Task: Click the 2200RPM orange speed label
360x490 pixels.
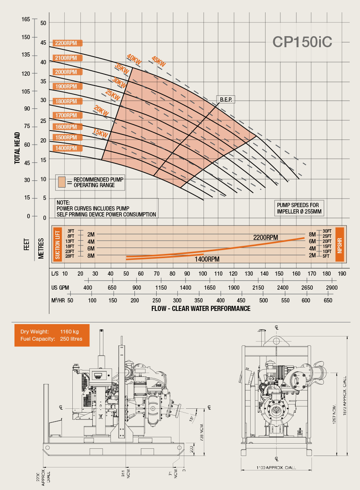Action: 67,43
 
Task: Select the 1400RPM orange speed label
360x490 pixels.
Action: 67,148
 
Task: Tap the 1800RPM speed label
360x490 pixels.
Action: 67,101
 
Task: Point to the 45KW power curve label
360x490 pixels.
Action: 159,61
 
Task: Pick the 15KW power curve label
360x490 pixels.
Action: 100,133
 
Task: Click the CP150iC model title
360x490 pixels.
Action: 303,41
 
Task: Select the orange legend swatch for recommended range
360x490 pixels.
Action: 62,182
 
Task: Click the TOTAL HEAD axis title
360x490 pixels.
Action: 17,148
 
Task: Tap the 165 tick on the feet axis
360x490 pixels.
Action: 26,20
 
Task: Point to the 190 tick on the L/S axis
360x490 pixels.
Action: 342,273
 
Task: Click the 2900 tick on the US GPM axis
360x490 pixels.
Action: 331,288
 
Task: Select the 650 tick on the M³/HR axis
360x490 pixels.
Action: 328,301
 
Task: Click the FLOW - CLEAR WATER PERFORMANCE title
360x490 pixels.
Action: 201,308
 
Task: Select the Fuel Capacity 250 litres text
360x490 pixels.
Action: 51,339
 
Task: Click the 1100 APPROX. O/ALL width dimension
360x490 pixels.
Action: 276,468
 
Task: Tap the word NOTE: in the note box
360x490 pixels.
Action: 63,202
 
